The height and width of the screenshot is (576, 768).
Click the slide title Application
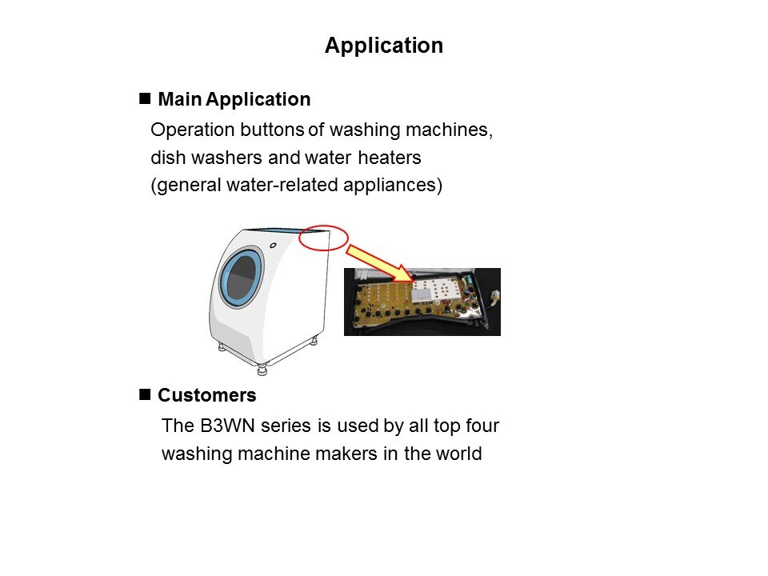click(x=384, y=46)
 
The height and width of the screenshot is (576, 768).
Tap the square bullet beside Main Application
click(x=145, y=98)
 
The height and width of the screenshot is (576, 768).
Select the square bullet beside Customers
click(x=145, y=394)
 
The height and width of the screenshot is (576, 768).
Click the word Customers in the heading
click(x=206, y=395)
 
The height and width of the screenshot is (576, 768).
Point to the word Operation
click(x=193, y=130)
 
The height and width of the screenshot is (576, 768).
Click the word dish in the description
click(x=168, y=158)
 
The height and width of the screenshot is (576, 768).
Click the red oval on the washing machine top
click(x=323, y=238)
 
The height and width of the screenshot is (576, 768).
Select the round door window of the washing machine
click(x=242, y=278)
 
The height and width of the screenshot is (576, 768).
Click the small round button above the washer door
click(x=273, y=246)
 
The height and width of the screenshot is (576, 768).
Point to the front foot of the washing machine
click(x=262, y=369)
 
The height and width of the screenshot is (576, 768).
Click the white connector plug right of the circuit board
click(x=494, y=295)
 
